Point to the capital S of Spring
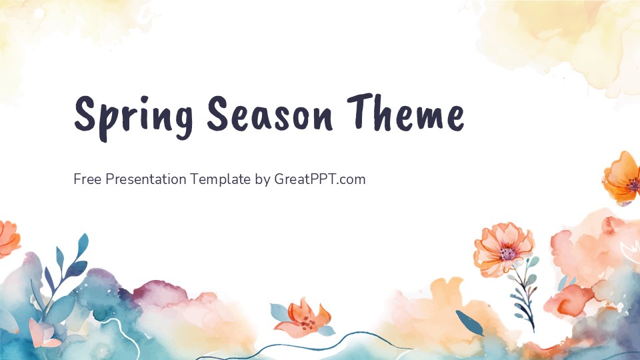point(85,113)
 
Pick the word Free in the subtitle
point(87,179)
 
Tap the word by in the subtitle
point(262,180)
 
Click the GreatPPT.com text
point(320,179)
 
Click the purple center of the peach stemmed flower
point(508,253)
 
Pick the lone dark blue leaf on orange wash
point(469,323)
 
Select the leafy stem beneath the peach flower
point(523,293)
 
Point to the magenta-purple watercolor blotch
point(157,293)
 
